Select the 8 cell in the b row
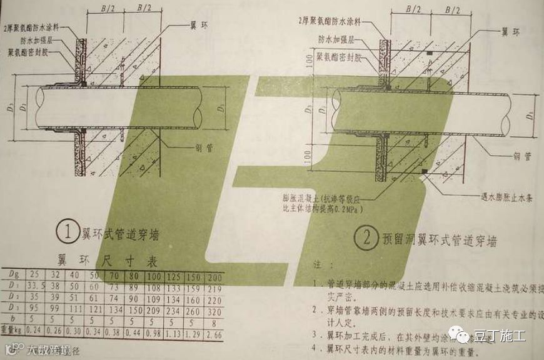tap(214, 324)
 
